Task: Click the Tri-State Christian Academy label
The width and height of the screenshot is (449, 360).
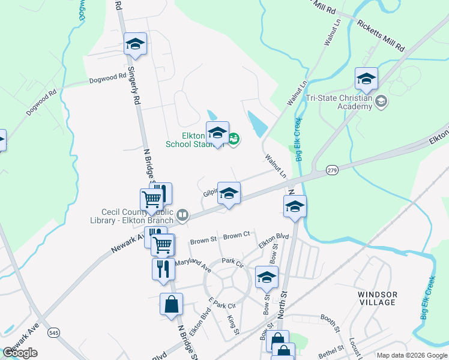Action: tap(339, 102)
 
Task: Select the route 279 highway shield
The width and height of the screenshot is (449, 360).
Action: tap(332, 170)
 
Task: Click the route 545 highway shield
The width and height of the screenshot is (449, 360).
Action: tap(55, 332)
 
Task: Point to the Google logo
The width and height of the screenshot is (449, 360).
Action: tap(20, 353)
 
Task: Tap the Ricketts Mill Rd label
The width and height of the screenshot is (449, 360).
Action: tap(381, 35)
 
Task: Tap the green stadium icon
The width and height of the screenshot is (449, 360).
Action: tap(234, 140)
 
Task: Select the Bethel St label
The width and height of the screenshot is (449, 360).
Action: tap(332, 348)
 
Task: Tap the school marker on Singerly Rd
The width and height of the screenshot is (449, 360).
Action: tap(136, 44)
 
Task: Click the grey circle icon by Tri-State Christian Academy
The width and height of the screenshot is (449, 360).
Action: tap(381, 103)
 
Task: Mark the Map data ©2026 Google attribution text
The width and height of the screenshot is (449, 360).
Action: tap(412, 355)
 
